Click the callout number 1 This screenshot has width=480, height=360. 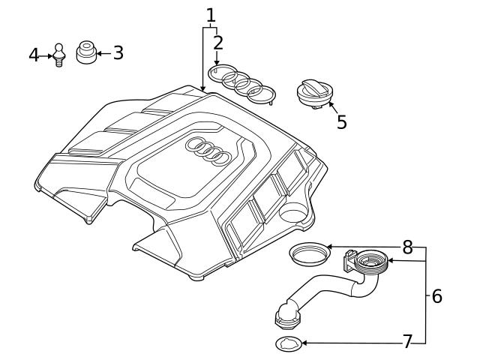point(211,14)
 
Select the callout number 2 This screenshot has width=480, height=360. point(217,42)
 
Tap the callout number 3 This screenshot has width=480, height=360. point(118,53)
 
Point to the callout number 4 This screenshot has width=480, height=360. point(34,55)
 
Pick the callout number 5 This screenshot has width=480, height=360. point(341,121)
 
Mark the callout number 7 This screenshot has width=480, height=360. point(407,342)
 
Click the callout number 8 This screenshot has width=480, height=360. point(407,246)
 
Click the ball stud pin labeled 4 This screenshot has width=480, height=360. point(57,55)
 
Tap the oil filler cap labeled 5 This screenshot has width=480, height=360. point(313,93)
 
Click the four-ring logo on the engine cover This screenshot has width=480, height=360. point(208,151)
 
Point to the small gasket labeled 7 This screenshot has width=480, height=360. point(288,344)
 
